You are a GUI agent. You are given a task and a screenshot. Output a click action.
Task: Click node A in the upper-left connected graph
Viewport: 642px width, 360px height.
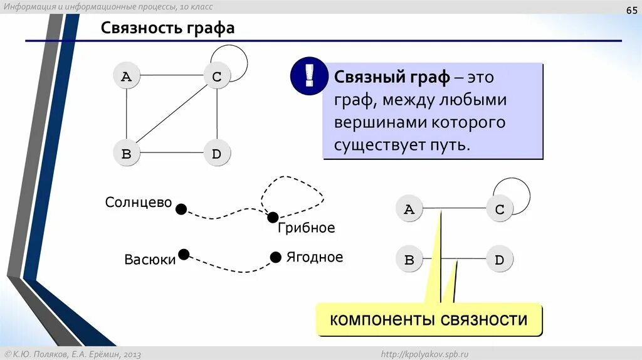pos(127,77)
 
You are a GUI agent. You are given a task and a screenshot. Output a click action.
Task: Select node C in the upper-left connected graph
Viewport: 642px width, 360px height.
pos(217,77)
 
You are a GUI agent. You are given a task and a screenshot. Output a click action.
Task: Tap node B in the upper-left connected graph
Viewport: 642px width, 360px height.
pos(127,154)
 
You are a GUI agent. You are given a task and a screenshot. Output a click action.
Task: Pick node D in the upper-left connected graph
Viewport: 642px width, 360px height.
pos(217,154)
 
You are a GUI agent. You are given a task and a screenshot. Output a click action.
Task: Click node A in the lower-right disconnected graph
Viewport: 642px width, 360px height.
pos(409,209)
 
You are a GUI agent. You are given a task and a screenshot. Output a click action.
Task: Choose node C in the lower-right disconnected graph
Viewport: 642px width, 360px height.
pos(500,209)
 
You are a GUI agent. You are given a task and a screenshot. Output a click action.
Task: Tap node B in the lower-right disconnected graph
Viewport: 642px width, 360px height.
pos(409,260)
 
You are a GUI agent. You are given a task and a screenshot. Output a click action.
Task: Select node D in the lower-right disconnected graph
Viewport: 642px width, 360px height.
pos(500,260)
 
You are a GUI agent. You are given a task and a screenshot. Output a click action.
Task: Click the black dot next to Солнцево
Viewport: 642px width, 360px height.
pos(181,209)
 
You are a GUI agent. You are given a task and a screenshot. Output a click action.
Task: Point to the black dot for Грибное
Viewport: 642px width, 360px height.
pos(273,217)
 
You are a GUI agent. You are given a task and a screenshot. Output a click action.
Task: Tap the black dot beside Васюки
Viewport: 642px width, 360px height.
pos(184,254)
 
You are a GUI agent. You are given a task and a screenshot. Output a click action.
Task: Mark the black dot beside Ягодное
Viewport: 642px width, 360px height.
pos(275,257)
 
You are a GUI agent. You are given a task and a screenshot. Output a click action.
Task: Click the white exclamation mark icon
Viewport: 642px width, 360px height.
pos(308,77)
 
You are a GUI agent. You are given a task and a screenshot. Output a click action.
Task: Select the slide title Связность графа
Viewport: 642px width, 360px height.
pos(168,28)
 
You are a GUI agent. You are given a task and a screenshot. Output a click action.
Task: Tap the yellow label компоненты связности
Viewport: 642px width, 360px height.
pos(429,319)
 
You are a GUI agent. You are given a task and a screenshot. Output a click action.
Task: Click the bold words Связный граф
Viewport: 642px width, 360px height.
pos(392,78)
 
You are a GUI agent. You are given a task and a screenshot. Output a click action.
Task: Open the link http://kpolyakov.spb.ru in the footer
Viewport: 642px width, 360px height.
pos(429,354)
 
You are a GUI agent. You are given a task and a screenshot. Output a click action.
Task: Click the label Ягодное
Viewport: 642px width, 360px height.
pos(315,257)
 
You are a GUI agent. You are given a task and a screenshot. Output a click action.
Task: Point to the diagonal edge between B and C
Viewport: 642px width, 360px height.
pos(172,115)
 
